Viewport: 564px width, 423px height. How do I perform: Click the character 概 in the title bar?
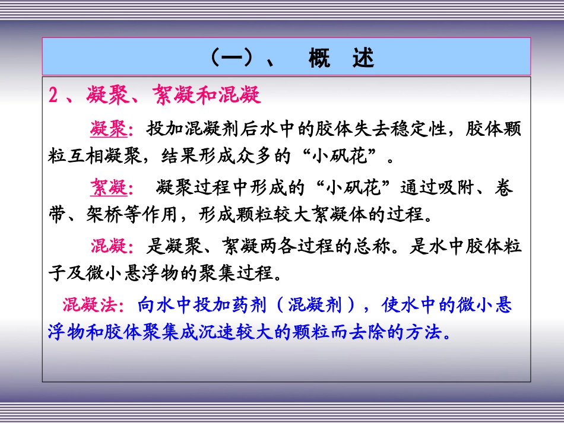tap(319, 59)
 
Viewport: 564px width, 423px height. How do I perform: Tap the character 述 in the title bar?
tap(363, 59)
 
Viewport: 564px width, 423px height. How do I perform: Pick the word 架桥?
tap(110, 214)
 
